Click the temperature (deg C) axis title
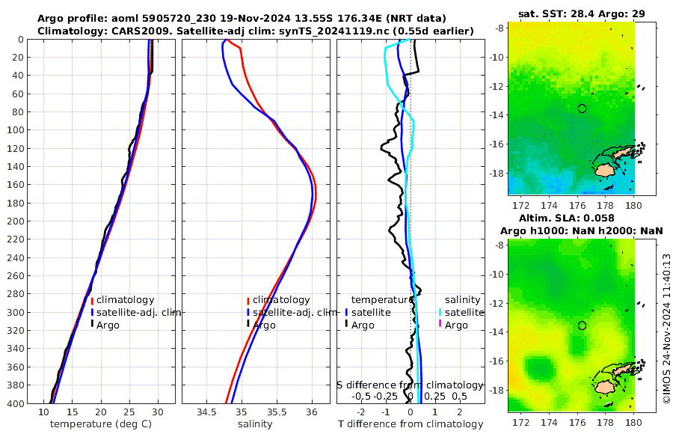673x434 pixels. click(x=102, y=424)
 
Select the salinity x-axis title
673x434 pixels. click(x=254, y=424)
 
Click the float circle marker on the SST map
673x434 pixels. click(x=583, y=109)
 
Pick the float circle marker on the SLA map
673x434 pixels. click(x=583, y=325)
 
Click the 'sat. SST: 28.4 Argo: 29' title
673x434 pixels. click(x=582, y=13)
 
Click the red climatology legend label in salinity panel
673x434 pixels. click(x=281, y=300)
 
